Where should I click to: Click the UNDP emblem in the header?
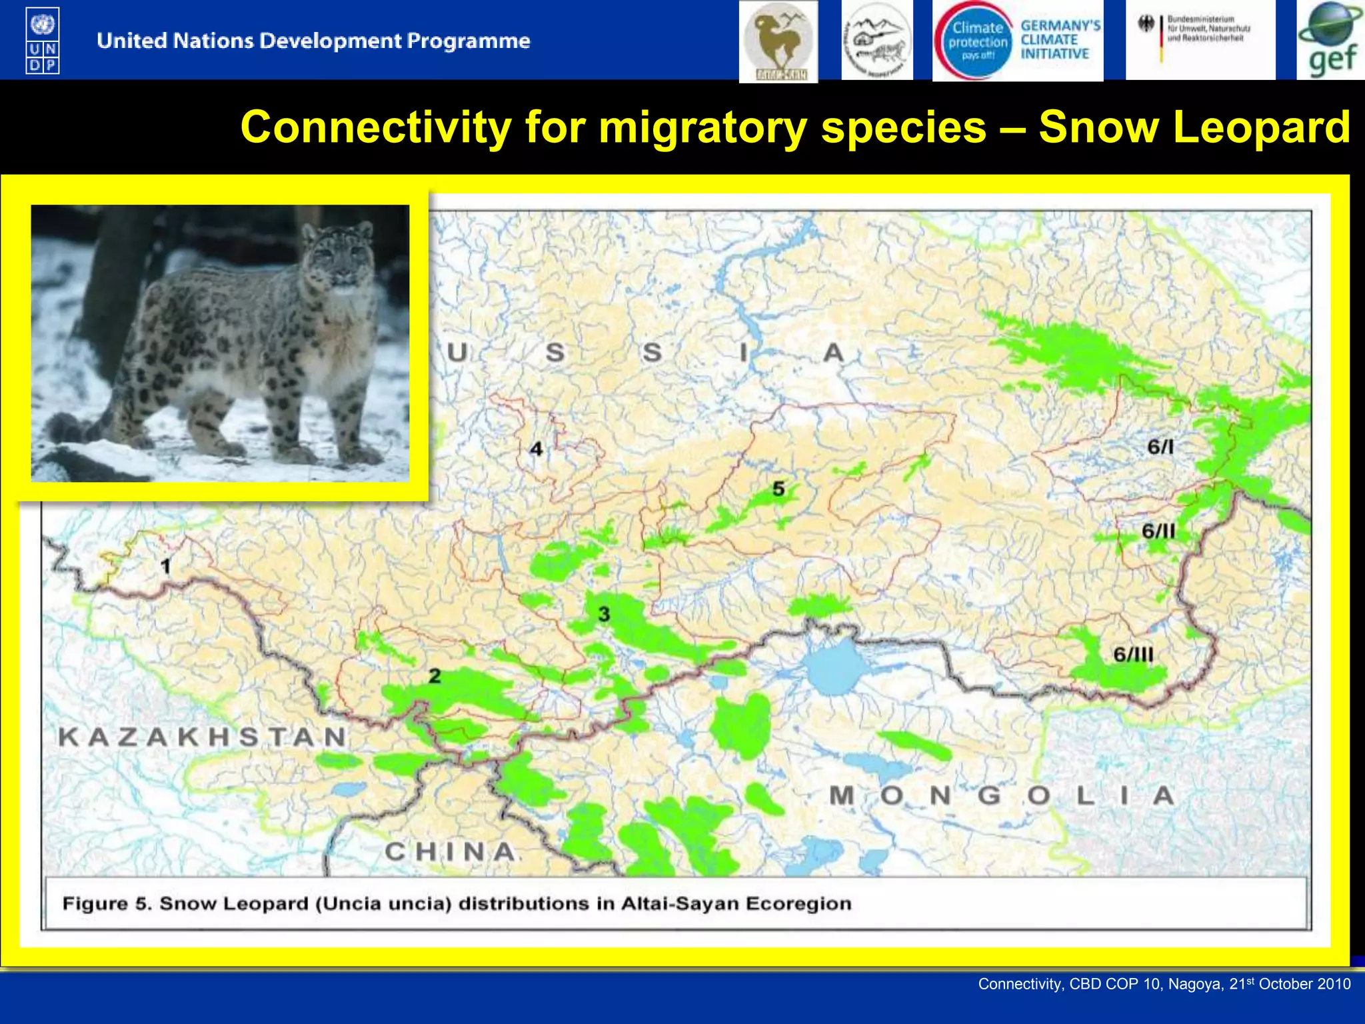coord(43,40)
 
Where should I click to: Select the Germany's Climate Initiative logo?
coord(1018,41)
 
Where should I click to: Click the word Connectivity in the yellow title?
coord(376,127)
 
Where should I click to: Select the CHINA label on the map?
coord(450,851)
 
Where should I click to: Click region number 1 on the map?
coord(165,567)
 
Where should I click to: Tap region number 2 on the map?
coord(435,675)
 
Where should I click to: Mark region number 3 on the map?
coord(604,614)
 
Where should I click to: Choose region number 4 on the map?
coord(536,449)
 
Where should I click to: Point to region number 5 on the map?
coord(778,489)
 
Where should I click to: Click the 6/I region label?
coord(1160,447)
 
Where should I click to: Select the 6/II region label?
coord(1158,531)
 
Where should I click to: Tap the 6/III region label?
coord(1133,654)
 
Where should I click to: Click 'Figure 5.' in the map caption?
coord(107,903)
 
